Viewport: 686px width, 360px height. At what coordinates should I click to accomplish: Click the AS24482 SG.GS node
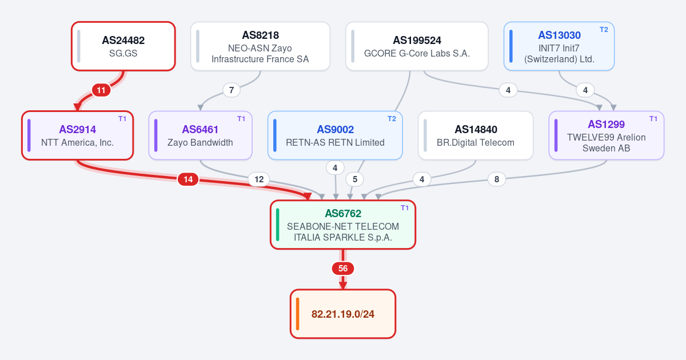123,46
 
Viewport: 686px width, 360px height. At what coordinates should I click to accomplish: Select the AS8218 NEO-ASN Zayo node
260,46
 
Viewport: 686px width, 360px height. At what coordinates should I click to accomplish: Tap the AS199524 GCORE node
417,46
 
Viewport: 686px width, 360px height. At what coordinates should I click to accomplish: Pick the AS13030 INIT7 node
559,46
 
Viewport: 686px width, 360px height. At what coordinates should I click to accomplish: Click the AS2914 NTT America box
78,135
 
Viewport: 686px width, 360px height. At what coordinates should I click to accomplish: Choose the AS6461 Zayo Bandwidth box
200,135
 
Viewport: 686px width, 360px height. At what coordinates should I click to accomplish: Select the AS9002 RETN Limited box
335,135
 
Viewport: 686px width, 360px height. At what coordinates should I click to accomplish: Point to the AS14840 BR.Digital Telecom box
476,135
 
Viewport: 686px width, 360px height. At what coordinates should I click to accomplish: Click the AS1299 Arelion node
607,135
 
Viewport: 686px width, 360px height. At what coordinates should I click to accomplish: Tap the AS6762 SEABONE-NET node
343,225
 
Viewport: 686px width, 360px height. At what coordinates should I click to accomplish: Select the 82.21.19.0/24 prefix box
343,314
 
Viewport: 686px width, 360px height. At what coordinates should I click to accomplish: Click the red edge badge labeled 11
101,90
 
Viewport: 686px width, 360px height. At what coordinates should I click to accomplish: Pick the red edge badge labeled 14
188,179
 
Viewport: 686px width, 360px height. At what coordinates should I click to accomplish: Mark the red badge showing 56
343,269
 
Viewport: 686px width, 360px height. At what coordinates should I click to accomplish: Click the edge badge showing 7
232,90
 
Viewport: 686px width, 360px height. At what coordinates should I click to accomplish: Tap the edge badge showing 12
259,179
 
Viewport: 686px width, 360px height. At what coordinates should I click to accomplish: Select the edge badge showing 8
497,179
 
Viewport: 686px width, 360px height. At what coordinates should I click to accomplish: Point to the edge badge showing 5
355,179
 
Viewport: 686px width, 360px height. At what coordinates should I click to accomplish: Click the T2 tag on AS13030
604,30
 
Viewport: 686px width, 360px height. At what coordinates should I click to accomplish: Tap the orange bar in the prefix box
298,314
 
